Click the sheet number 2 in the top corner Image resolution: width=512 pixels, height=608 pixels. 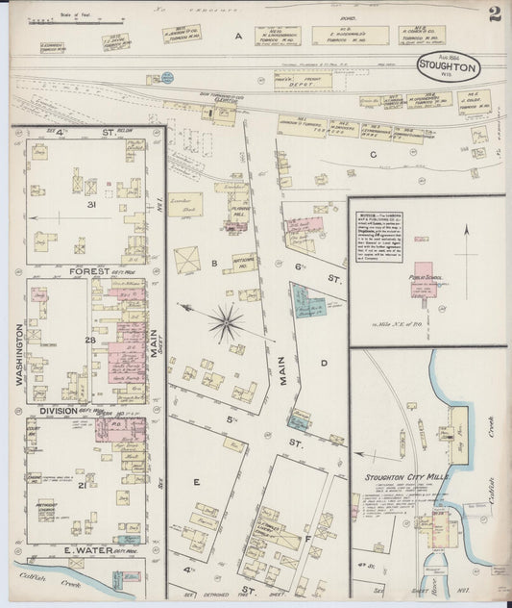coord(494,13)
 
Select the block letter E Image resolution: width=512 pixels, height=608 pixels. coord(195,482)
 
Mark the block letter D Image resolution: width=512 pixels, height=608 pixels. coord(324,363)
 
